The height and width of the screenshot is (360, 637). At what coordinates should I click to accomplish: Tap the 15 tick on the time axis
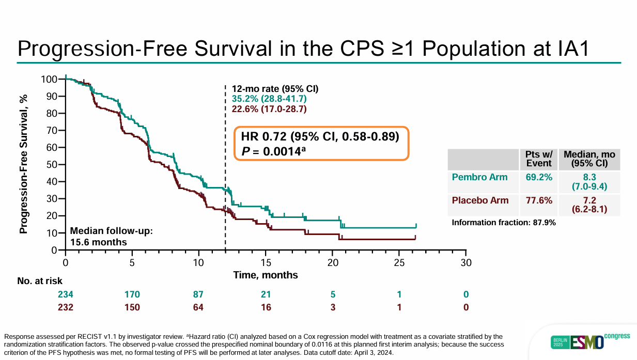tap(266, 262)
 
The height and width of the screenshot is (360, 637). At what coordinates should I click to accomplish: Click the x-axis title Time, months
tap(266, 275)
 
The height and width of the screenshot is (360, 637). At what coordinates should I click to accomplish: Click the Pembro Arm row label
tap(479, 177)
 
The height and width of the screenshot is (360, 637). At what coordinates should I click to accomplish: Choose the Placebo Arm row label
tap(480, 200)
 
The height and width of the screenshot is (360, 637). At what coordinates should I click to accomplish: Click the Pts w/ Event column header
tap(538, 159)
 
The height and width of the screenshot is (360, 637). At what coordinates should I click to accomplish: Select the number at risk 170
tap(132, 294)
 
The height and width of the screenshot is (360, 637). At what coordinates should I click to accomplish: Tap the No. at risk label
tap(40, 281)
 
